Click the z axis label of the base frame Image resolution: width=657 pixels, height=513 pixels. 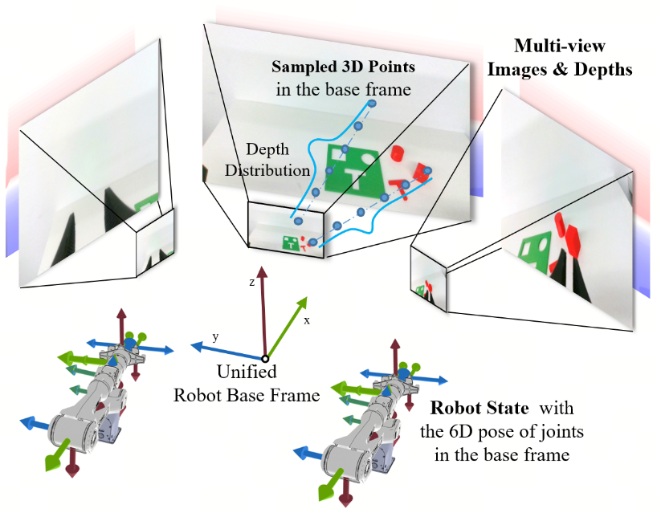[252, 283]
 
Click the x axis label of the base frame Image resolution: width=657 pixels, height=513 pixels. [307, 321]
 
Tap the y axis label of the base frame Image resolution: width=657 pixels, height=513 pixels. [215, 336]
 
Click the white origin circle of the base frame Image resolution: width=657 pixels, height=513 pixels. [265, 359]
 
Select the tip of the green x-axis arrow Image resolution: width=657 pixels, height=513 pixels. [307, 297]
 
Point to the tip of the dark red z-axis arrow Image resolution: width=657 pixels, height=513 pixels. [262, 267]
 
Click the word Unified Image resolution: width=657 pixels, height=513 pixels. [247, 372]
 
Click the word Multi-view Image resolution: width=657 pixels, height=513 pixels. [559, 46]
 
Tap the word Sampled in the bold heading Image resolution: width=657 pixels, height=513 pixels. [297, 67]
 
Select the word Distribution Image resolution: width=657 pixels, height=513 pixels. [267, 170]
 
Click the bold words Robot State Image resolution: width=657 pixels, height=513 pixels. [479, 408]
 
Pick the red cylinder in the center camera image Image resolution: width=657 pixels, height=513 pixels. [397, 153]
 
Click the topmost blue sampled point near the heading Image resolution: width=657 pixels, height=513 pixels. [371, 104]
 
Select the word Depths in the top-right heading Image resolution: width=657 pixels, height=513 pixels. [603, 70]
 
